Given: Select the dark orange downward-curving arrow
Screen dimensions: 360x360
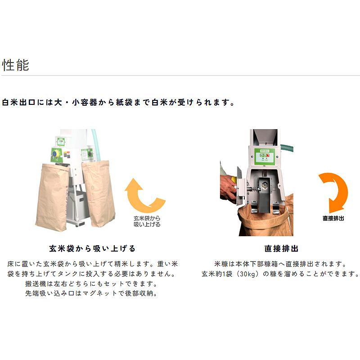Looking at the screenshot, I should (333, 191).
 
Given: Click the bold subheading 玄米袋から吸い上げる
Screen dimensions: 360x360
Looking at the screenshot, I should (92, 248).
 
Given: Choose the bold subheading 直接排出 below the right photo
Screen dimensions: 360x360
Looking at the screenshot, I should (281, 248).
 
